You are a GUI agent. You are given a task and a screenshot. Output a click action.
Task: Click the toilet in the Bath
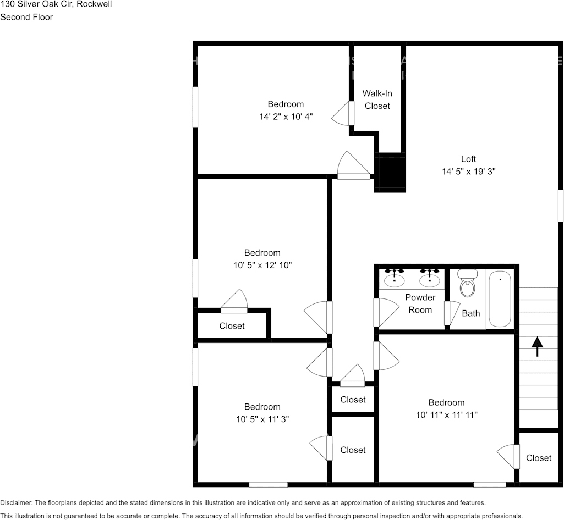(467, 283)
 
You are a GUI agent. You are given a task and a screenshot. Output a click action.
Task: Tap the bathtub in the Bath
(500, 299)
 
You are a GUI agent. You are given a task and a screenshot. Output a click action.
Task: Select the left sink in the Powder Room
(395, 279)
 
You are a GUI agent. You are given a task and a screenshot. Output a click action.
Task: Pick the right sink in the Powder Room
(430, 279)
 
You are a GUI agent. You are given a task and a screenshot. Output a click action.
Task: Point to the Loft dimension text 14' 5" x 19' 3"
(469, 172)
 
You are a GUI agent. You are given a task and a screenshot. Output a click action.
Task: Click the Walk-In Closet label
(377, 99)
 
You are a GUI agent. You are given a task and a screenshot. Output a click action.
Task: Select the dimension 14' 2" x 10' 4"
(286, 117)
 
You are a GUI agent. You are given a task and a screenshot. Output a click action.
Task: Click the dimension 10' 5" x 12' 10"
(262, 265)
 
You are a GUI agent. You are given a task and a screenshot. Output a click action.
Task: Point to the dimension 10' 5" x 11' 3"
(262, 419)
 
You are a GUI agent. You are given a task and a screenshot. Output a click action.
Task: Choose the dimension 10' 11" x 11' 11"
(446, 414)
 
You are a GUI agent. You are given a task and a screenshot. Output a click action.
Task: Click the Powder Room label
(420, 303)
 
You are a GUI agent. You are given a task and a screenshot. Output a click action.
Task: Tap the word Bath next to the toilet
(470, 313)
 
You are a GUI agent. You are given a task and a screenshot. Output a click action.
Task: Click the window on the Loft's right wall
(561, 206)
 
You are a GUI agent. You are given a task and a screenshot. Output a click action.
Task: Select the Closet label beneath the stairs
(538, 458)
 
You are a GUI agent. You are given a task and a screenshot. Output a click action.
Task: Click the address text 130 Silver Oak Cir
(38, 4)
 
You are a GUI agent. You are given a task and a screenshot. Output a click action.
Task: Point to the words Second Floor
(26, 17)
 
